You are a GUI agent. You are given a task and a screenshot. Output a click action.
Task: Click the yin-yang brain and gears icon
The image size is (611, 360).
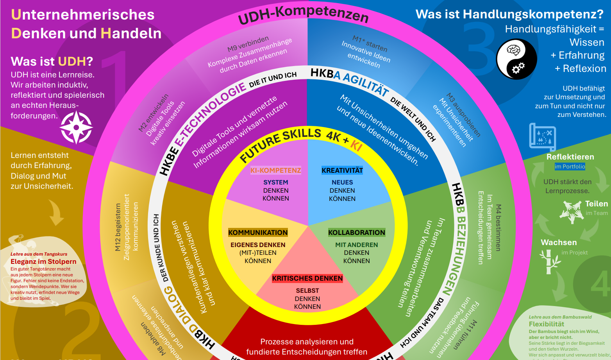[516, 59]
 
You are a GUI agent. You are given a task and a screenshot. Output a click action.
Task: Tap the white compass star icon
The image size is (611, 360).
[77, 127]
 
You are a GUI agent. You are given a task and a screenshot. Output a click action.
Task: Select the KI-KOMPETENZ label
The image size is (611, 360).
[275, 170]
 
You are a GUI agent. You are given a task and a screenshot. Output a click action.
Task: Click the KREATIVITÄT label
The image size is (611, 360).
[342, 170]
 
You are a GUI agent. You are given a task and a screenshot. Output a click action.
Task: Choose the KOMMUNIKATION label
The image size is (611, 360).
[258, 233]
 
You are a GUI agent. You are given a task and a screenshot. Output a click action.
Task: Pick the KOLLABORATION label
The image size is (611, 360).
[356, 233]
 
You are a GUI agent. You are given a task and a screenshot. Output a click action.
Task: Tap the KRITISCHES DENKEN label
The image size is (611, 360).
[307, 278]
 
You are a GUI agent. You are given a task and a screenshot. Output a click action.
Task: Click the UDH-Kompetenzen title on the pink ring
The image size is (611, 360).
[303, 15]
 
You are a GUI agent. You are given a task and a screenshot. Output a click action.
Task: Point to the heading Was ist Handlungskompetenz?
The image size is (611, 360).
[509, 14]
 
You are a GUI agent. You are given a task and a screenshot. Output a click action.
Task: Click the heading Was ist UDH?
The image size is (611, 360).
[52, 61]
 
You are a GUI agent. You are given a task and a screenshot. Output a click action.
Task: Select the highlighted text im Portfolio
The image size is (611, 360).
[570, 167]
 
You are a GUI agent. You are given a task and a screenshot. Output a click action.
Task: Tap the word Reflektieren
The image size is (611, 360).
[570, 157]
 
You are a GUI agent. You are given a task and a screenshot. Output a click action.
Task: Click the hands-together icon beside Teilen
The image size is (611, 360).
[571, 211]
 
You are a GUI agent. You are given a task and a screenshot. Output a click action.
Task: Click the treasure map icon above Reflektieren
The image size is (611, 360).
[542, 136]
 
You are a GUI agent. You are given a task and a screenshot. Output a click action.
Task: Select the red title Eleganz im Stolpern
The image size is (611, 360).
[43, 261]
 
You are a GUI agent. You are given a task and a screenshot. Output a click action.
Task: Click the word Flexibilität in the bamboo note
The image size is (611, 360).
[546, 324]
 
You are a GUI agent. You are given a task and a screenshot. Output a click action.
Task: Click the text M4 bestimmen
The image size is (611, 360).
[498, 227]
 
